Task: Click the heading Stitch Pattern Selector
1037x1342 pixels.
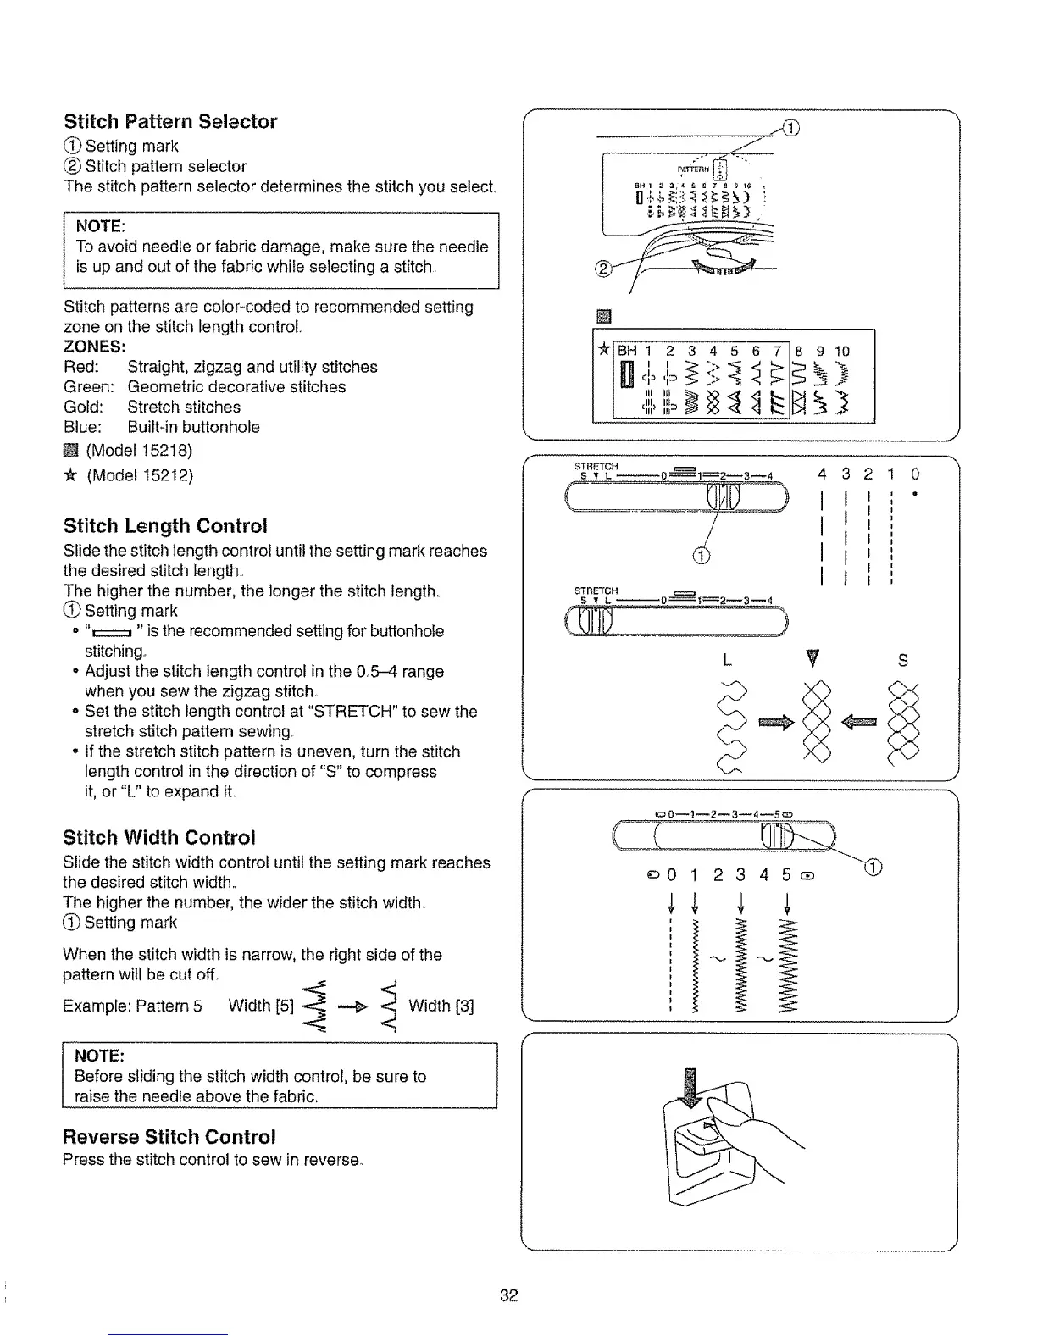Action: point(170,121)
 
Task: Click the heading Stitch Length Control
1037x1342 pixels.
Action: point(165,525)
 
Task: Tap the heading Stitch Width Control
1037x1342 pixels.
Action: point(159,837)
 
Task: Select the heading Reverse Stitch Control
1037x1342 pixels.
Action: point(169,1136)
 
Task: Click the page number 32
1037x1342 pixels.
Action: point(508,1295)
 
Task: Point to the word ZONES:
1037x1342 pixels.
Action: point(95,347)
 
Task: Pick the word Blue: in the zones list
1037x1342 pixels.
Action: point(82,427)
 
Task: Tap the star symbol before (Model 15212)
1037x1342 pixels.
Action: point(70,475)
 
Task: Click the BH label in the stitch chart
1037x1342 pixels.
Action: point(627,351)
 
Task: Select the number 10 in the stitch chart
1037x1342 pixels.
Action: point(841,351)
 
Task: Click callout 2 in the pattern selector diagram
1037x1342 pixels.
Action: point(603,269)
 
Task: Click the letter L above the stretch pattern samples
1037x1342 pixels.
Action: point(727,660)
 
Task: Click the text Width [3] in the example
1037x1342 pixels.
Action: point(441,1006)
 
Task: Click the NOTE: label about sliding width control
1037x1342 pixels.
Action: point(100,1055)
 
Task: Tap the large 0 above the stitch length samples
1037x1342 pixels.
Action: point(915,474)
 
